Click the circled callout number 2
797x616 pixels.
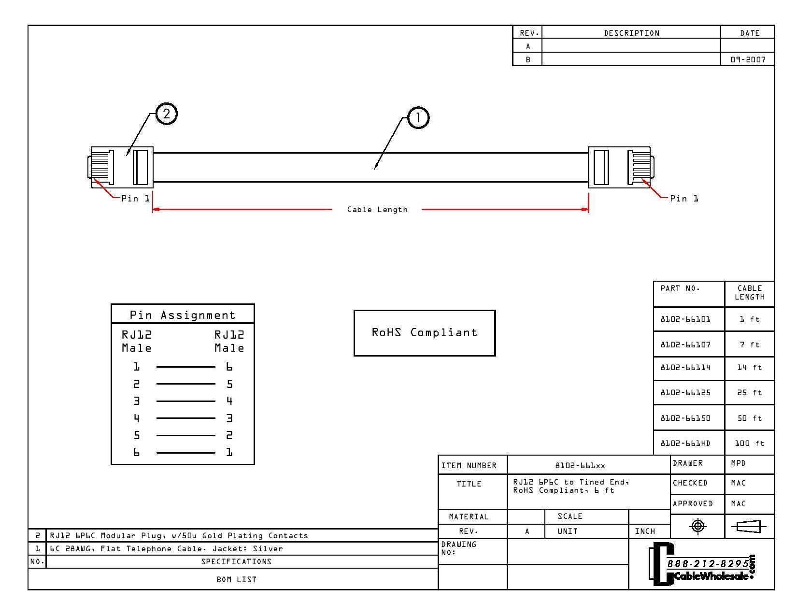click(x=167, y=114)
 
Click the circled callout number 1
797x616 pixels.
click(x=418, y=118)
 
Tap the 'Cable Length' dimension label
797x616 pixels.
click(x=377, y=210)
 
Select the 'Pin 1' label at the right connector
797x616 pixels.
click(x=684, y=199)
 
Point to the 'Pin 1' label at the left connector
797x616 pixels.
click(x=135, y=199)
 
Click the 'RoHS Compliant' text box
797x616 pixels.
click(x=425, y=333)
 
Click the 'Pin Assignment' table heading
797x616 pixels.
click(x=182, y=315)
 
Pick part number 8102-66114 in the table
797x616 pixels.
click(x=685, y=367)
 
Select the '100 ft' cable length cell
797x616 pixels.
click(x=749, y=443)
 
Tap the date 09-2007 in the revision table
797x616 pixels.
click(x=748, y=59)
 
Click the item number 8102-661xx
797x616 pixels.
click(x=580, y=466)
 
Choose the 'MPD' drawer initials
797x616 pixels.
click(x=739, y=463)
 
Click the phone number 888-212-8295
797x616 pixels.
click(x=708, y=563)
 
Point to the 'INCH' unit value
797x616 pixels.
click(x=645, y=531)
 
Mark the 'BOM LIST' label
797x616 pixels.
click(x=236, y=579)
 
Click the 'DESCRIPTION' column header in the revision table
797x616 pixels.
click(x=632, y=33)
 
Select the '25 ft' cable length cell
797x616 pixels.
click(x=749, y=393)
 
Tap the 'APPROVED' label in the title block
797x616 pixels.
click(x=693, y=504)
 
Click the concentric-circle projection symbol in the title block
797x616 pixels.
click(x=697, y=526)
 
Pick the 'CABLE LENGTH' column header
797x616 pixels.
click(x=749, y=292)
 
